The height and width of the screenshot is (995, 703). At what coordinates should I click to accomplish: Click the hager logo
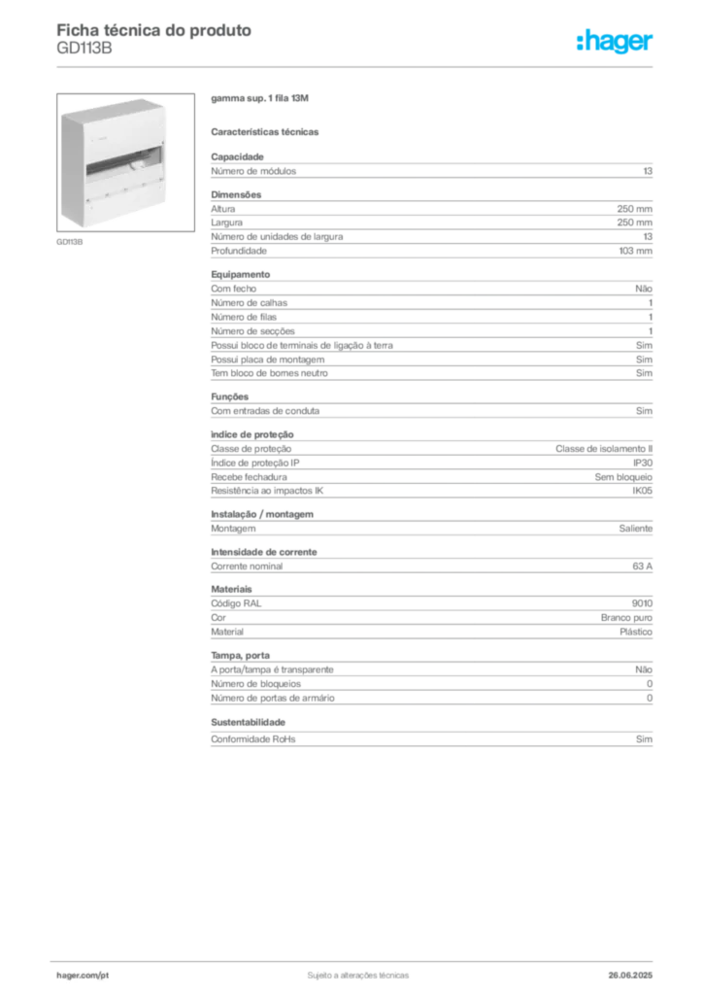[615, 42]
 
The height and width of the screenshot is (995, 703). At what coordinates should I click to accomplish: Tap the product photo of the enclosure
[125, 162]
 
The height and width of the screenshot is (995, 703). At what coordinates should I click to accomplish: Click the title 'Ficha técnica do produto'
[154, 30]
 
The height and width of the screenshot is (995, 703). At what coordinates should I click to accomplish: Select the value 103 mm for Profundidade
[635, 251]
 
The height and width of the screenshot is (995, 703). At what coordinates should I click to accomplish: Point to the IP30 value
[642, 463]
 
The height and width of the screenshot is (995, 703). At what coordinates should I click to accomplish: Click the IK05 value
[642, 491]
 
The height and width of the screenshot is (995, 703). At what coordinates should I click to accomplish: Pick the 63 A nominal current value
[642, 566]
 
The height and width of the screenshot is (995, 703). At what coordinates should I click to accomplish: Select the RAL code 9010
[642, 603]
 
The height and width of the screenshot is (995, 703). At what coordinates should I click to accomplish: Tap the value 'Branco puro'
[626, 617]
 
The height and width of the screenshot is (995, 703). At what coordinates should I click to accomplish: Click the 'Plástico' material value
[636, 632]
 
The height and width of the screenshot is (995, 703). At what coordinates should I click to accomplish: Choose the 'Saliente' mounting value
[636, 529]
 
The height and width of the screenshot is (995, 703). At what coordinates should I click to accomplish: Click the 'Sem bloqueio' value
[623, 477]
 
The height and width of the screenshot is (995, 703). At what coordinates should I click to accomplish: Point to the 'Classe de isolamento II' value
[604, 449]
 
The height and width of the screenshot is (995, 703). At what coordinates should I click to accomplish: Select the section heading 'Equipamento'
[240, 274]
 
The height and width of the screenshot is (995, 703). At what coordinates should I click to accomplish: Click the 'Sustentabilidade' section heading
[248, 722]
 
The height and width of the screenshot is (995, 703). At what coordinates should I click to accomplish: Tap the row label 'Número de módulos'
[253, 171]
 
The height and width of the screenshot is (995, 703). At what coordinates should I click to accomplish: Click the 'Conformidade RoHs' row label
[252, 739]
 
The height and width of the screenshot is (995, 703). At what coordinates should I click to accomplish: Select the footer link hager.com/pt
[83, 976]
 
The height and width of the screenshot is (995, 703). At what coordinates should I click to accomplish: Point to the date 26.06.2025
[630, 976]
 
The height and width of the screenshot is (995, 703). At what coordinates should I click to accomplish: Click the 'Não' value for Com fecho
[644, 289]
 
